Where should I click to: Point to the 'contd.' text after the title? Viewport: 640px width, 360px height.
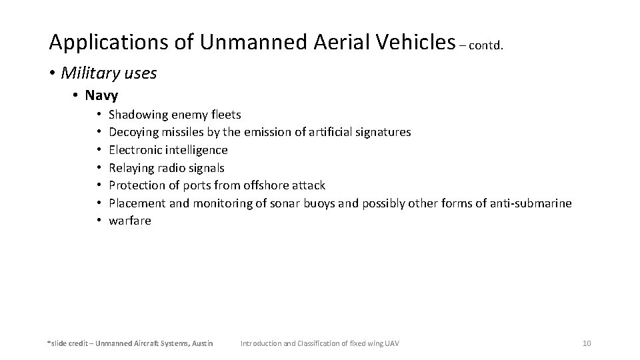pos(490,46)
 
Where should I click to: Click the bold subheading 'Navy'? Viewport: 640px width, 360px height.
pos(102,95)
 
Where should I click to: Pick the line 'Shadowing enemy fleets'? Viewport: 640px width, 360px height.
pos(175,115)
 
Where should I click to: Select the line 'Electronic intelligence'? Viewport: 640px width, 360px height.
pos(168,150)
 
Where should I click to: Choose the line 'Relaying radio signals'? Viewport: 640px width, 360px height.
pos(167,167)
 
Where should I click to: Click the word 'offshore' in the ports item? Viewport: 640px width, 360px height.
pos(269,185)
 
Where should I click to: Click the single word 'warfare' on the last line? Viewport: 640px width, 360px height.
pos(130,221)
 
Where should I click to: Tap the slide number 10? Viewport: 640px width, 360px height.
pos(587,343)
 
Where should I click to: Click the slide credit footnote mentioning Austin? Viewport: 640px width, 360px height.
pos(130,343)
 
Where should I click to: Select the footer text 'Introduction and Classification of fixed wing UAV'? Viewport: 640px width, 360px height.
pos(319,343)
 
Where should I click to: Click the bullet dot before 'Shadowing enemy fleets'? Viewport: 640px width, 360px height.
pos(96,115)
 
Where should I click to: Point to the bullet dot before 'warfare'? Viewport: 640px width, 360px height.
pos(96,221)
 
